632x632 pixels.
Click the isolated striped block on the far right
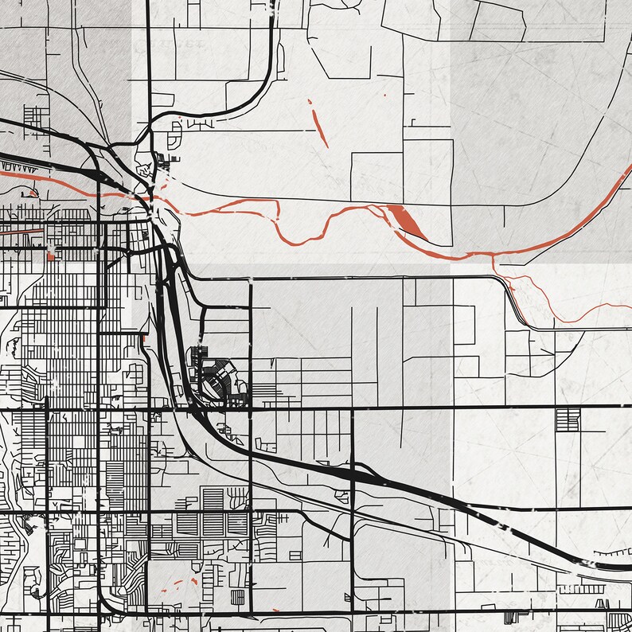pyautogui.click(x=568, y=419)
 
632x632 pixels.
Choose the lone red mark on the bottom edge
pyautogui.click(x=275, y=611)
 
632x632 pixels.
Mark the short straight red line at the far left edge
pyautogui.click(x=20, y=230)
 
